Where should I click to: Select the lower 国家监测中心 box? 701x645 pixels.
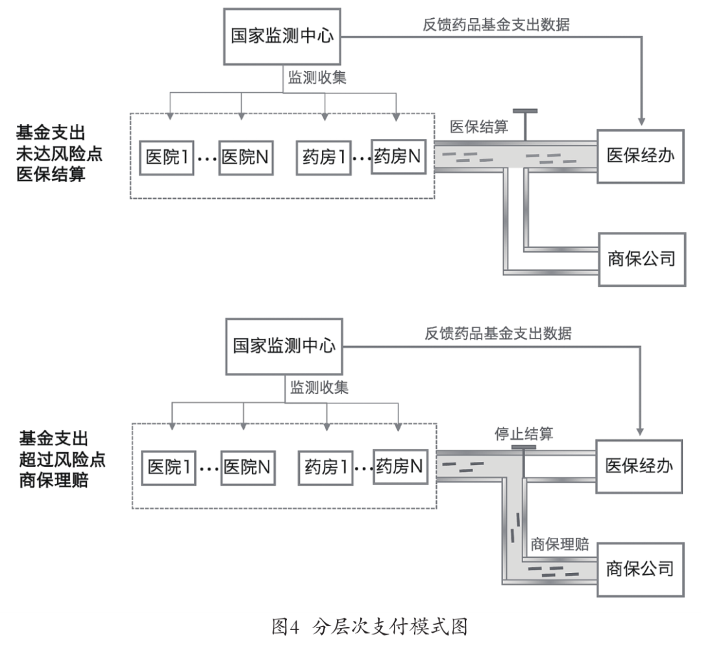(284, 345)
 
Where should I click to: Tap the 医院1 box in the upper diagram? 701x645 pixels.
(167, 157)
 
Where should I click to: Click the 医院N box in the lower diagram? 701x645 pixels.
(247, 466)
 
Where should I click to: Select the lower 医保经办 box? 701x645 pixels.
(639, 466)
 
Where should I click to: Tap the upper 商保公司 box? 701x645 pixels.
(641, 259)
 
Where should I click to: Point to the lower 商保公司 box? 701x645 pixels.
(639, 570)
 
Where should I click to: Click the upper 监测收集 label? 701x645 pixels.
(317, 78)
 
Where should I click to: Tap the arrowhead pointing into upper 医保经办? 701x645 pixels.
(641, 122)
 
